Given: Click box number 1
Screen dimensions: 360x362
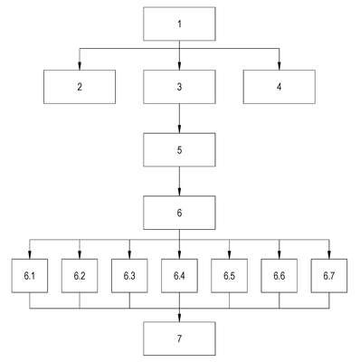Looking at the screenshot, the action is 179,24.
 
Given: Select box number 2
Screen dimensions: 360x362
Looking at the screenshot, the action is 80,87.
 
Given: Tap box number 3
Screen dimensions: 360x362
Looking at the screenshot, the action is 179,87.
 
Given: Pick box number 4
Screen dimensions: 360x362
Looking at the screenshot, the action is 279,87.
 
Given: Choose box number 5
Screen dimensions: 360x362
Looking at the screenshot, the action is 179,149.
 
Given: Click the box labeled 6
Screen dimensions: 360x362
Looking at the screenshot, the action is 179,213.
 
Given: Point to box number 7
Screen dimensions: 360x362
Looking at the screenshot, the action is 179,338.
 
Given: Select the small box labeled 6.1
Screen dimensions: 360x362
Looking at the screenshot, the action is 30,276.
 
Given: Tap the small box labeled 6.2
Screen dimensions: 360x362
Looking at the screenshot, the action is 80,276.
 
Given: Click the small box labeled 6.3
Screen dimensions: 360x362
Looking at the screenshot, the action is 129,276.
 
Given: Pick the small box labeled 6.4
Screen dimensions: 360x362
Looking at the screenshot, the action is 179,276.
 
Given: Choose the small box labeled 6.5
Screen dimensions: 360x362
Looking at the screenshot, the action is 230,276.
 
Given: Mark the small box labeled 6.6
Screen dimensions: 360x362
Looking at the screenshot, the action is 279,276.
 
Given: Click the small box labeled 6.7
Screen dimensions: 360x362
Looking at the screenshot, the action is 329,276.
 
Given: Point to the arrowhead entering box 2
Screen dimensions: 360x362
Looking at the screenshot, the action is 80,66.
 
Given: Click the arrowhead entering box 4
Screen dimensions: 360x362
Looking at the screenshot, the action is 279,66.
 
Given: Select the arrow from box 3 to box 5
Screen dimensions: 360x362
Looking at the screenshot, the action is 179,119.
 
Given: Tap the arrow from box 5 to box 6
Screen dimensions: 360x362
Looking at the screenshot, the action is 179,181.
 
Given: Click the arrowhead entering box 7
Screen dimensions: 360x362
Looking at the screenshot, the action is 179,318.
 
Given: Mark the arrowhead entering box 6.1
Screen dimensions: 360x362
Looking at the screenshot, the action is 30,255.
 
